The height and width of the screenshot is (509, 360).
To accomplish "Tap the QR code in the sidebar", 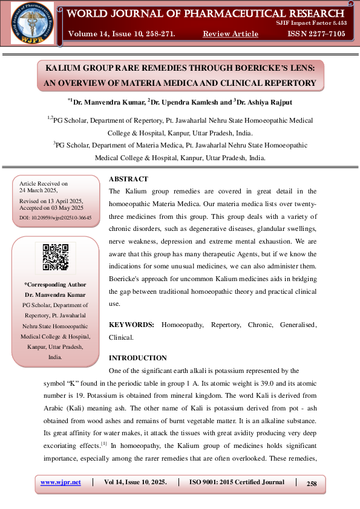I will click(x=55, y=257).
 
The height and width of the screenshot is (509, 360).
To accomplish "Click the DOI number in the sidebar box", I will click(x=56, y=216).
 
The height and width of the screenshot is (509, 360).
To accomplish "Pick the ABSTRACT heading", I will click(x=128, y=179).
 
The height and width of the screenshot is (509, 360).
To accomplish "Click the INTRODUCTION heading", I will click(x=137, y=358).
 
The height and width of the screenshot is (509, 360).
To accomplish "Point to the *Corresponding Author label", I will click(x=55, y=284).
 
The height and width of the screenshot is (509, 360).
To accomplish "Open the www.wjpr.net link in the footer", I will click(x=61, y=482).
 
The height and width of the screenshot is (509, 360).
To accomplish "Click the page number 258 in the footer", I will click(x=312, y=483).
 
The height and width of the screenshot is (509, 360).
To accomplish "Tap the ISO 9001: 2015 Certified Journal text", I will click(x=237, y=482).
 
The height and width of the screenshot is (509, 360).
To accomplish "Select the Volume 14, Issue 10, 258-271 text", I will click(x=122, y=34).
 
